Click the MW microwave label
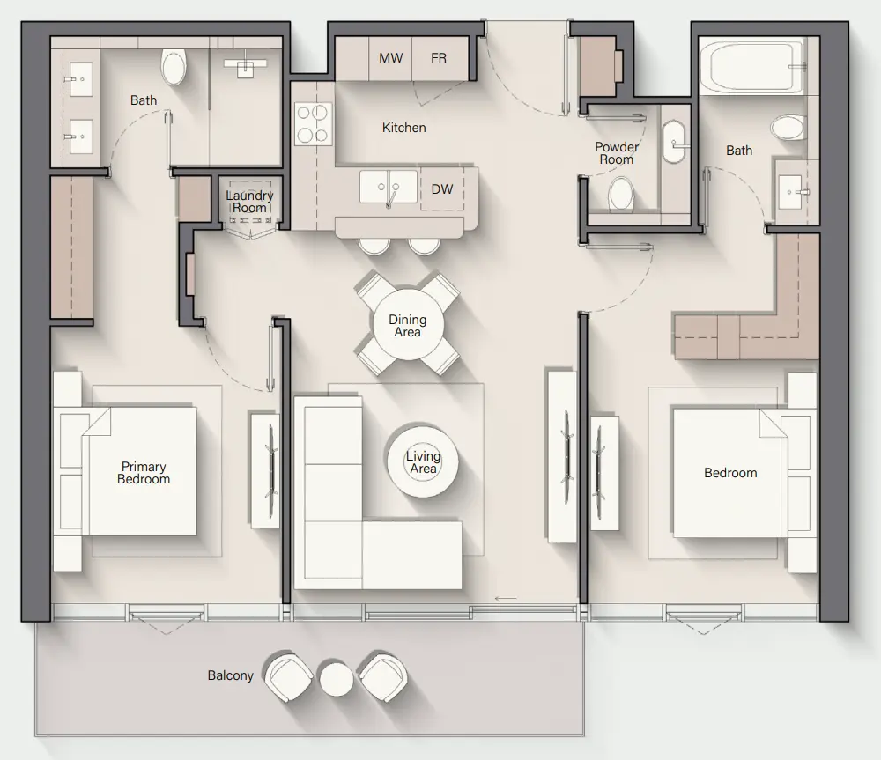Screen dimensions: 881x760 pos(390,58)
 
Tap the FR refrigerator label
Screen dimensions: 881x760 pos(439,58)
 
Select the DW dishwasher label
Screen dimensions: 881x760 pos(441,189)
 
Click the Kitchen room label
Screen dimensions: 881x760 pos(404,128)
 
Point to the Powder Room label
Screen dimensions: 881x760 pos(617,152)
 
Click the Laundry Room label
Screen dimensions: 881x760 pos(249,202)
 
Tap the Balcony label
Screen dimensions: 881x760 pos(230,675)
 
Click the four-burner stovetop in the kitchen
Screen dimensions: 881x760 pos(313,123)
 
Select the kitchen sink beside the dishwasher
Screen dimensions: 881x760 pos(389,187)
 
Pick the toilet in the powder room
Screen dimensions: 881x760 pos(621,195)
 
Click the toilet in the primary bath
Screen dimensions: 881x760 pos(174,67)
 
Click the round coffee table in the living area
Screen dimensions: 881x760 pos(423,461)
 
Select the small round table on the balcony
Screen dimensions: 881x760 pos(337,679)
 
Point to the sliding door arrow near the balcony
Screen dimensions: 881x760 pos(506,598)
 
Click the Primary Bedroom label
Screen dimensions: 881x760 pos(144,473)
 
